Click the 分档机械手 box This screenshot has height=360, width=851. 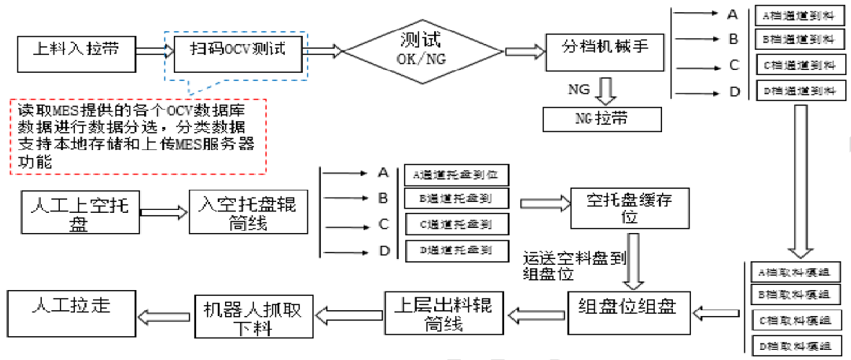(604, 51)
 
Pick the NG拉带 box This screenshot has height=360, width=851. (601, 118)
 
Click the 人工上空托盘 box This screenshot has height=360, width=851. (80, 211)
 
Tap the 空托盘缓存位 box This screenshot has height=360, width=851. (630, 209)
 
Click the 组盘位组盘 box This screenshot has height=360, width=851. (628, 312)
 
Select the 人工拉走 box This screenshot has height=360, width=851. (71, 310)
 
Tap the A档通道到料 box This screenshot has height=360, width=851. (799, 15)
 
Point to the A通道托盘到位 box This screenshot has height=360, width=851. (457, 175)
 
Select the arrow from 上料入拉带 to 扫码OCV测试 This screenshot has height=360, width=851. (151, 51)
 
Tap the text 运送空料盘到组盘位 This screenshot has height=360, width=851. (569, 264)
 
